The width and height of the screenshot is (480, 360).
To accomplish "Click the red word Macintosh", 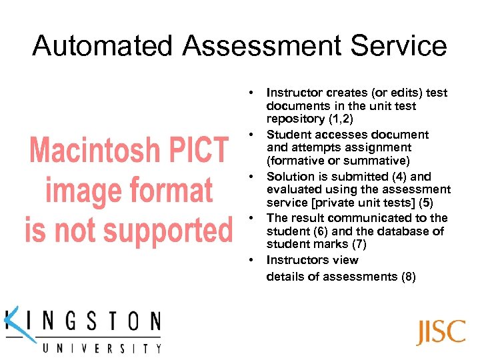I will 93,151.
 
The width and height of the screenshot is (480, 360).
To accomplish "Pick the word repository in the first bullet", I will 295,119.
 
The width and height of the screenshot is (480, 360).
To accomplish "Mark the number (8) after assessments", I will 408,276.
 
